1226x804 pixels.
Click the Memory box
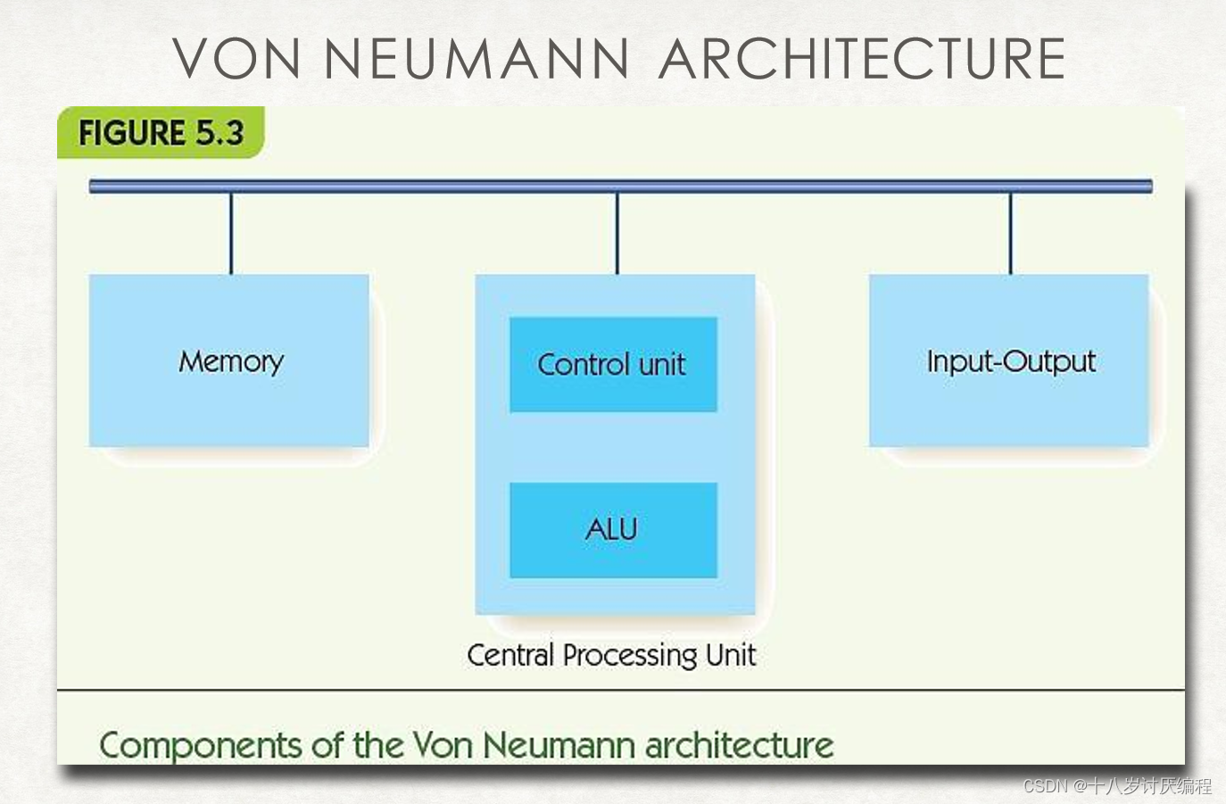click(x=229, y=361)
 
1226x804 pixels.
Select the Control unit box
click(x=613, y=364)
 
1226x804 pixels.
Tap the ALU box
click(x=613, y=530)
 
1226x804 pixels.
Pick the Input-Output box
click(x=1009, y=361)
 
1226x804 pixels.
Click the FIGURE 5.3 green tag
click(x=161, y=133)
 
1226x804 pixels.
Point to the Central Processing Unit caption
click(x=611, y=655)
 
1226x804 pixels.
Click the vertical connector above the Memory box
click(x=231, y=233)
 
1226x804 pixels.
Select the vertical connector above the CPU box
click(x=617, y=233)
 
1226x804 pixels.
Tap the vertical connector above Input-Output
click(x=1010, y=233)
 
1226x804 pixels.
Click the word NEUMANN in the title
click(x=476, y=59)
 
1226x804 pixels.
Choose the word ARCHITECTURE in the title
click(x=862, y=59)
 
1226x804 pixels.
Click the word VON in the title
click(x=237, y=59)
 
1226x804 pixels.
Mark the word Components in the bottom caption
click(x=201, y=746)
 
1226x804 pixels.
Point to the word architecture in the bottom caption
click(x=739, y=745)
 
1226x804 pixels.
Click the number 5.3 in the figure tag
click(x=220, y=133)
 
